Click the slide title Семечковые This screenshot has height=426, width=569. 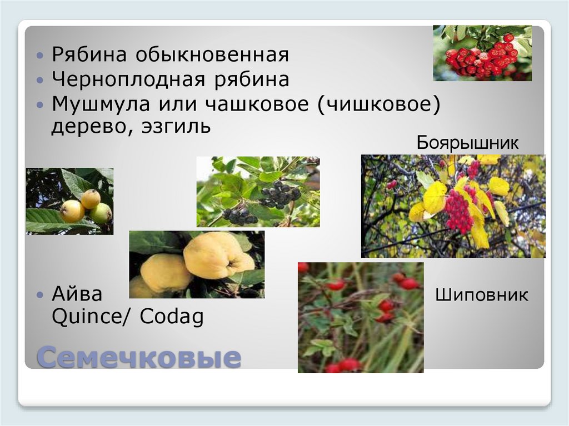(x=138, y=357)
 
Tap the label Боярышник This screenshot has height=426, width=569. (x=467, y=143)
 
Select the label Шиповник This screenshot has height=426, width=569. (x=482, y=295)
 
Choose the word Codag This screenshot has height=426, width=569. (x=172, y=317)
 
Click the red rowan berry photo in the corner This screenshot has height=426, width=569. (x=482, y=53)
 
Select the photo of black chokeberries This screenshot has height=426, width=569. (x=258, y=192)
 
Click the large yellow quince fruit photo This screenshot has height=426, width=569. (x=197, y=264)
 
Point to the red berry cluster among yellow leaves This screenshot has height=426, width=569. (x=459, y=211)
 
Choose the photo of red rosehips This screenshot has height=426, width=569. (x=361, y=317)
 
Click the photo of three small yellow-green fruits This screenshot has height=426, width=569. (x=69, y=201)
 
